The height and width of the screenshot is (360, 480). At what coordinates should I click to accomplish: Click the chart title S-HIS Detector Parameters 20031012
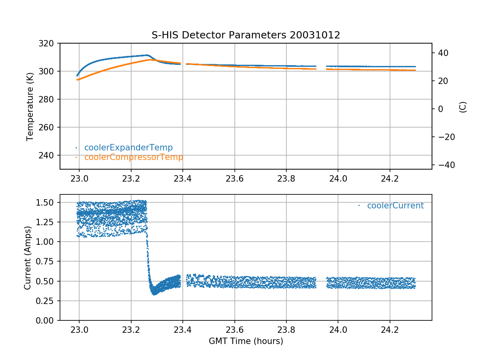pos(246,35)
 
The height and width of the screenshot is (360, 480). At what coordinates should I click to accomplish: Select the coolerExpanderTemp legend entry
pos(128,148)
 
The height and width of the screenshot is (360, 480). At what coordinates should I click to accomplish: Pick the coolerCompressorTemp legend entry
pos(134,157)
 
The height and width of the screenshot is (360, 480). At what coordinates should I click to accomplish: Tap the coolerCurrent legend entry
pos(395,206)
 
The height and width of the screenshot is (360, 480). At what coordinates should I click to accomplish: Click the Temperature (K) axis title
pos(30,106)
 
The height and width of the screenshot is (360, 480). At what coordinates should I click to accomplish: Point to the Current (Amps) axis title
pos(28,258)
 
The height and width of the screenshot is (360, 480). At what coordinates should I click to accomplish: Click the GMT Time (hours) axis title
pos(246,341)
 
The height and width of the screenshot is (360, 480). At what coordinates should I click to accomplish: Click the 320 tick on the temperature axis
pos(50,43)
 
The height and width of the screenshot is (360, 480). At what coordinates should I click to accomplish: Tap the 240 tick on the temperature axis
pos(50,155)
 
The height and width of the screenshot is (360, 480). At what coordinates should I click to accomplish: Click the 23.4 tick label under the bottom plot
pos(183,330)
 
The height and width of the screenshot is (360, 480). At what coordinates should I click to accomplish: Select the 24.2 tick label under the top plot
pos(390,178)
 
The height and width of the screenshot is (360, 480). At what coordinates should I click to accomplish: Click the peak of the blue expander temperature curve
pos(147,55)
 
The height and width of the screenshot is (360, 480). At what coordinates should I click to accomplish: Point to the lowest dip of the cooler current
pos(154,294)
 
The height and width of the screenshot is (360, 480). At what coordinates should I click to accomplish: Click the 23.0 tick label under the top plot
pos(79,178)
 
